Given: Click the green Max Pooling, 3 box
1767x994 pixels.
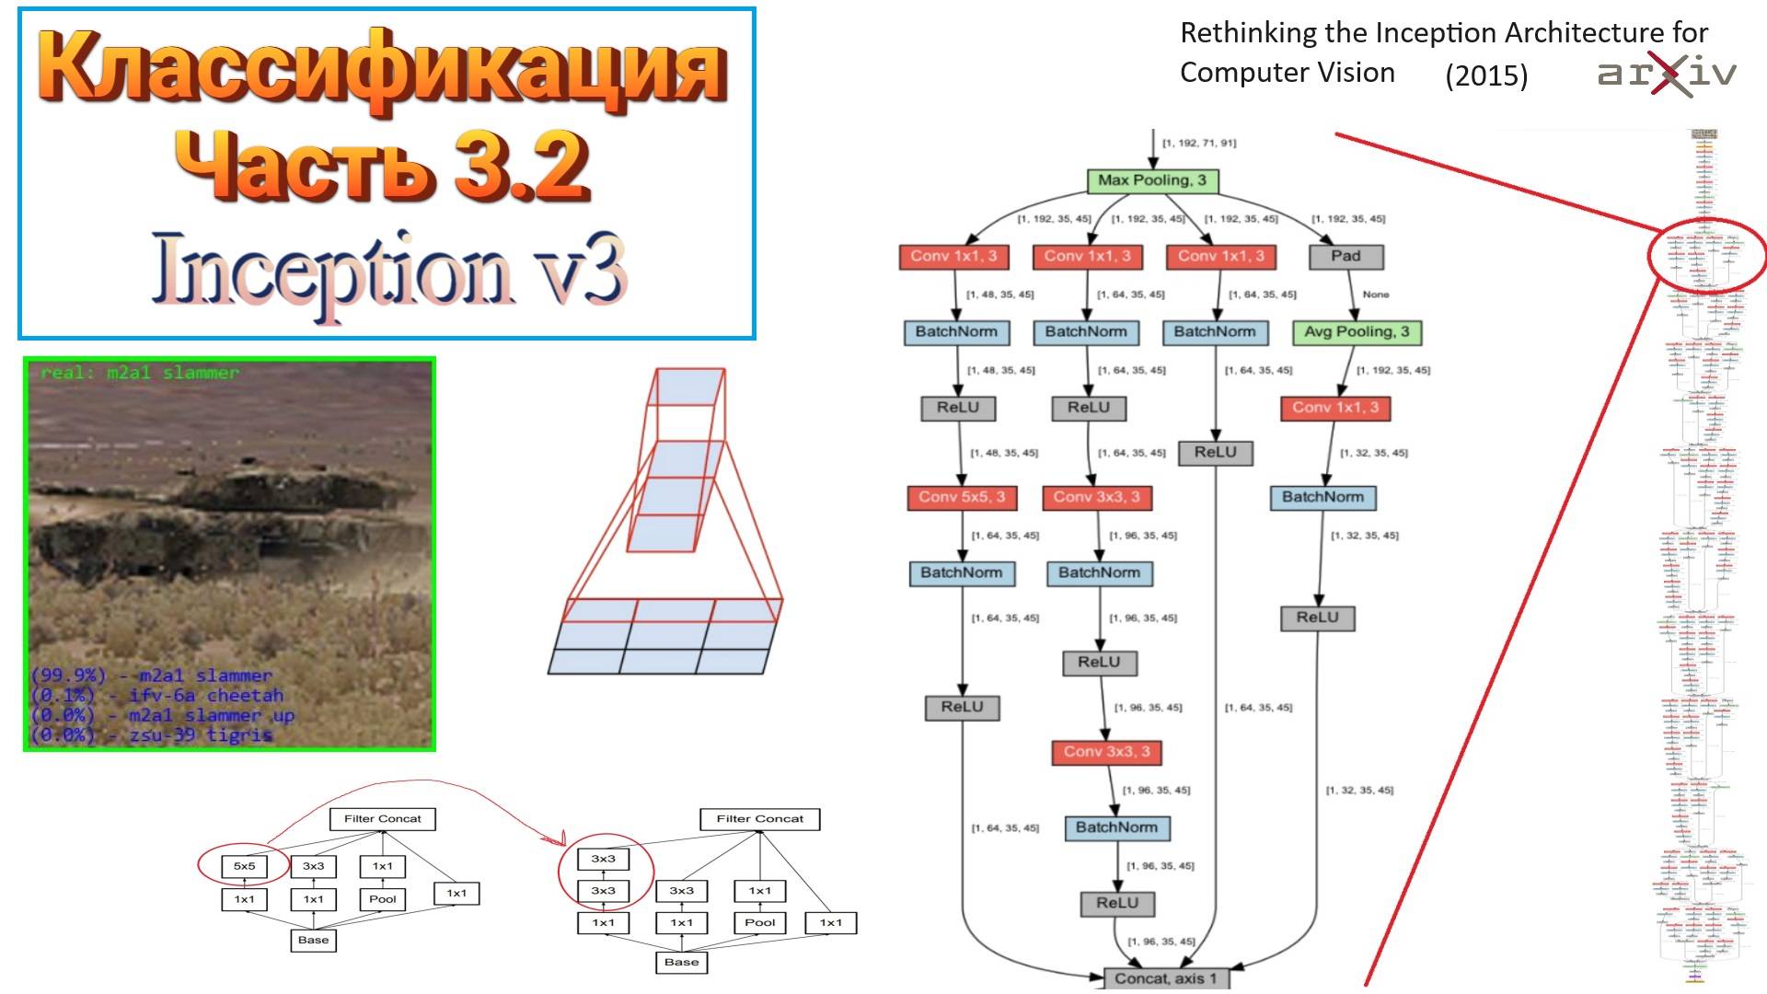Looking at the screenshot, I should coord(1152,180).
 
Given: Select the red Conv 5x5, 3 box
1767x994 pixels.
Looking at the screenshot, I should coord(961,497).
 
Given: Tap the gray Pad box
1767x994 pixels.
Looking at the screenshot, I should coord(1345,256).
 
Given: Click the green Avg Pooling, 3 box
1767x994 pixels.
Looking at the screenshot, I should coord(1357,332).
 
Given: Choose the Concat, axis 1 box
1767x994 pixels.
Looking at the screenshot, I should coord(1165,978).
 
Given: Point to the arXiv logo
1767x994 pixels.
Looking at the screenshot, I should coord(1667,74).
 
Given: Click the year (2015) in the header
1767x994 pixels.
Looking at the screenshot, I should coord(1486,75).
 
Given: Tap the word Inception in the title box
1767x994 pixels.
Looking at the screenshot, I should coord(331,272).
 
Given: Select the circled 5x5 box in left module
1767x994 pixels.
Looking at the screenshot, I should coord(244,866).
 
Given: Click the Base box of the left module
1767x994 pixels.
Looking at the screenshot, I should coord(313,940).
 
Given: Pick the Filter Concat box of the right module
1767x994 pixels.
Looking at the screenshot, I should coord(759,818).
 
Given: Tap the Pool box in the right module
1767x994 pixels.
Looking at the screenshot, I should coord(759,922).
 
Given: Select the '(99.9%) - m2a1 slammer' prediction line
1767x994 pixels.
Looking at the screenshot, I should coord(152,676).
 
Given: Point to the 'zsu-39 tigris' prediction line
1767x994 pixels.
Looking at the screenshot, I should coord(152,734).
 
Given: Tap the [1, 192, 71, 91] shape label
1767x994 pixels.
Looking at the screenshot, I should coord(1199,144).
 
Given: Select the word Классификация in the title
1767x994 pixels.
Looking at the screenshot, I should coord(382,69).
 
